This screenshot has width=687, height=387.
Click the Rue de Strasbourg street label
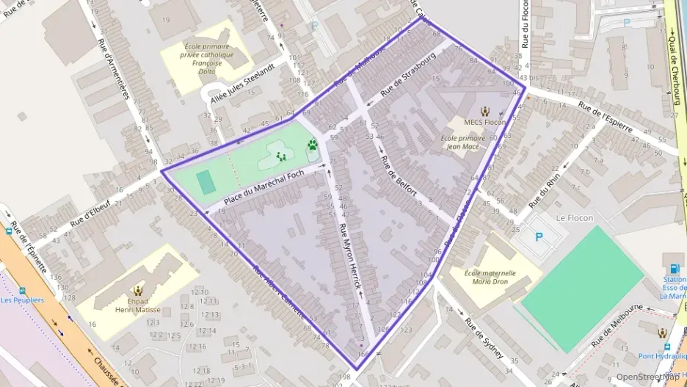pos(408,77)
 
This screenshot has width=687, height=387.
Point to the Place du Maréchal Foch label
pos(263,187)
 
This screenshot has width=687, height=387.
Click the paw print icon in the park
pos(313,145)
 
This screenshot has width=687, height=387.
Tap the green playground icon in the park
pos(280,156)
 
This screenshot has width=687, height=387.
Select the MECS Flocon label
pos(484,122)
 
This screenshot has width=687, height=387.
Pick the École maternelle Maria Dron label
pos(490,277)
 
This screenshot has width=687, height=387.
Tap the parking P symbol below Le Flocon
pos(540,237)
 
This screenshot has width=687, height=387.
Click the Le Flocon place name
pos(574,217)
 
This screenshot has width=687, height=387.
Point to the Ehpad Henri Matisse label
pos(139,305)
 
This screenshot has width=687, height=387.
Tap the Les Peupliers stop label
pos(22,300)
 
